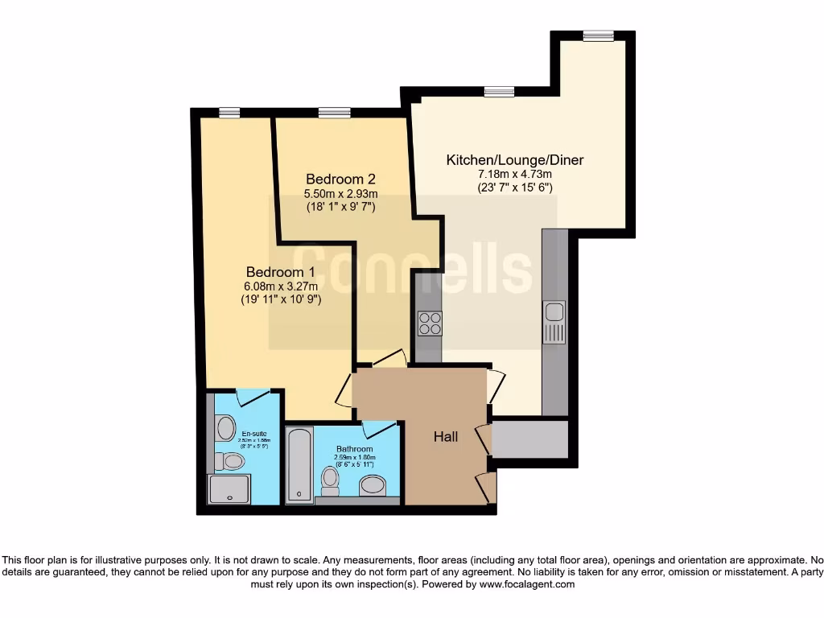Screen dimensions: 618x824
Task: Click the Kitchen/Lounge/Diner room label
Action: pyautogui.click(x=515, y=160)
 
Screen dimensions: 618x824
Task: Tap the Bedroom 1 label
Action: pyautogui.click(x=280, y=270)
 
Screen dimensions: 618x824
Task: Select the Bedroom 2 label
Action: pyautogui.click(x=340, y=179)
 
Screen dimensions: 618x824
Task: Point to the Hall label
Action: pyautogui.click(x=446, y=437)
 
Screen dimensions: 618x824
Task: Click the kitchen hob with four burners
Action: pyautogui.click(x=430, y=323)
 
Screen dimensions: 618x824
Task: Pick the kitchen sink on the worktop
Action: pyautogui.click(x=554, y=321)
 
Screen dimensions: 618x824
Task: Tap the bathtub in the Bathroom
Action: pyautogui.click(x=299, y=465)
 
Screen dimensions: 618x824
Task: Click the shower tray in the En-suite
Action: pyautogui.click(x=229, y=488)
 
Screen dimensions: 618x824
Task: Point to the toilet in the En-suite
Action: pyautogui.click(x=230, y=461)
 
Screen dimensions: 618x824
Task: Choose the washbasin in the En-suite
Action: pyautogui.click(x=226, y=426)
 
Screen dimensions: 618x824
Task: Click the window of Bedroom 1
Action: pyautogui.click(x=229, y=113)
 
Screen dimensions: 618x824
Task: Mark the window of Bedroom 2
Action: pyautogui.click(x=334, y=113)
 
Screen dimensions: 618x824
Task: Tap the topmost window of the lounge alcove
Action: pyautogui.click(x=598, y=35)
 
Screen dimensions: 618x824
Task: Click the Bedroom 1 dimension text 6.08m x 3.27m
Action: pyautogui.click(x=280, y=286)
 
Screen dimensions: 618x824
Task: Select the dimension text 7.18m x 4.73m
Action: pyautogui.click(x=515, y=175)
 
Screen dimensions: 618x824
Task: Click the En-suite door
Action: pyautogui.click(x=253, y=395)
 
